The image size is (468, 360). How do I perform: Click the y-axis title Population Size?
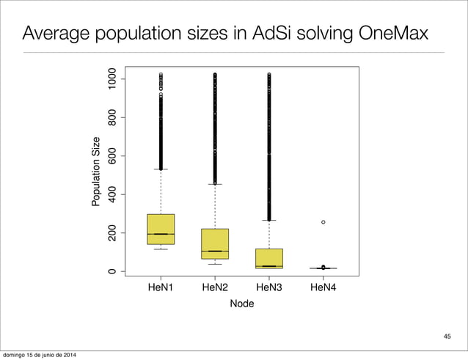pyautogui.click(x=96, y=172)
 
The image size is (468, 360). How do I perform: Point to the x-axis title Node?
pyautogui.click(x=242, y=304)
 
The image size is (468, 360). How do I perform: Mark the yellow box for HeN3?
pyautogui.click(x=269, y=257)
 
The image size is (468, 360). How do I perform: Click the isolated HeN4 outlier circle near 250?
pyautogui.click(x=323, y=222)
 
